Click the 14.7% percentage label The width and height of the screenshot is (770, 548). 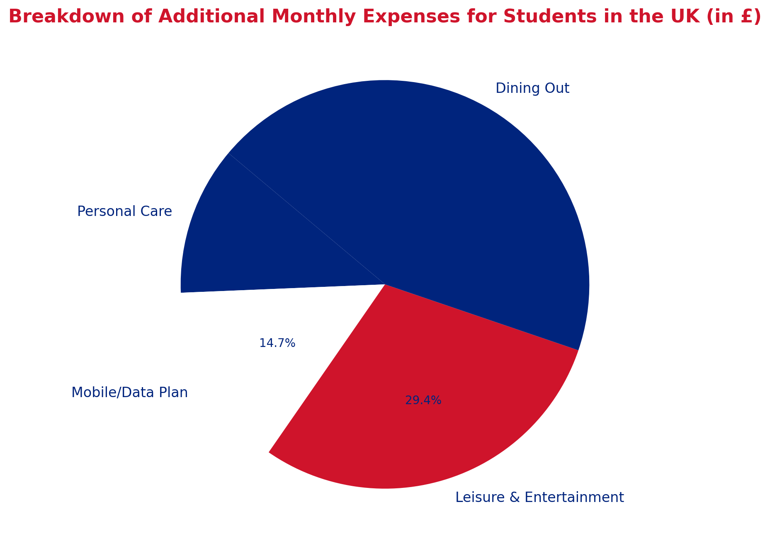click(x=277, y=343)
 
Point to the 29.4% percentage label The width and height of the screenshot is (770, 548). click(x=423, y=400)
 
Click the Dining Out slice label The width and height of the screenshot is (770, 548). click(x=532, y=88)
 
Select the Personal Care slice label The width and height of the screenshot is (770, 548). click(x=124, y=211)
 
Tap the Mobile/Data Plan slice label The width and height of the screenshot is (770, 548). click(x=129, y=392)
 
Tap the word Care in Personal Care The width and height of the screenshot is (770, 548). click(x=156, y=211)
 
